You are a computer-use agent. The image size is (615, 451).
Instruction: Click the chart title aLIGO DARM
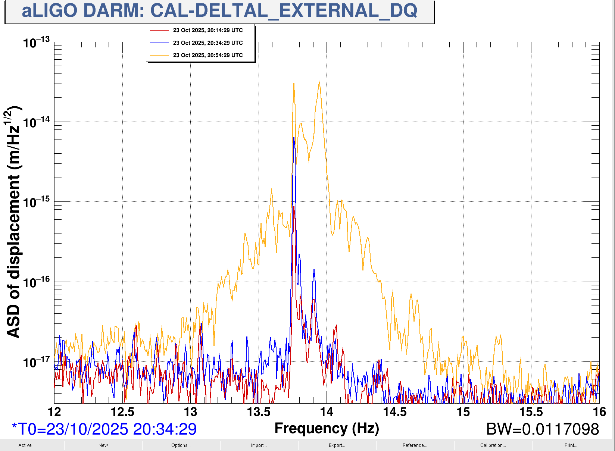pos(219,11)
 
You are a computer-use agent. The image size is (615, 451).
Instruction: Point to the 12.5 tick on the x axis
pos(122,412)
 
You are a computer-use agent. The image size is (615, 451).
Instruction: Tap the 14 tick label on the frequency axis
pos(327,412)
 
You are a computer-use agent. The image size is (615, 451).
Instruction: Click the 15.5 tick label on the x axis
pos(531,412)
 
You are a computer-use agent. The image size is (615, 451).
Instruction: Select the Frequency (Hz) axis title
pos(327,429)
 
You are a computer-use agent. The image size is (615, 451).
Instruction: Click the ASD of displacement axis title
pos(13,222)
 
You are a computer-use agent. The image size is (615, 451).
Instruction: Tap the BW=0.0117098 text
pos(542,429)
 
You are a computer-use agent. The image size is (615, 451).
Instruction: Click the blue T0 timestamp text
pos(104,429)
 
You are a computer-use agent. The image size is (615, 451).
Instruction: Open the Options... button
pos(181,445)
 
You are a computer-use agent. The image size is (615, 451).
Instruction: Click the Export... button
pos(337,445)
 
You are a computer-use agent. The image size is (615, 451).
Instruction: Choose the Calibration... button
pos(493,445)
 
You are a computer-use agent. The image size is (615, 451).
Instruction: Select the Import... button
pos(259,445)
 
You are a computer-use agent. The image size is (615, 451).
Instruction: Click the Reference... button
pos(415,445)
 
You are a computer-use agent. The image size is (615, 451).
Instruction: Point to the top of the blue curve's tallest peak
pos(294,138)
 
